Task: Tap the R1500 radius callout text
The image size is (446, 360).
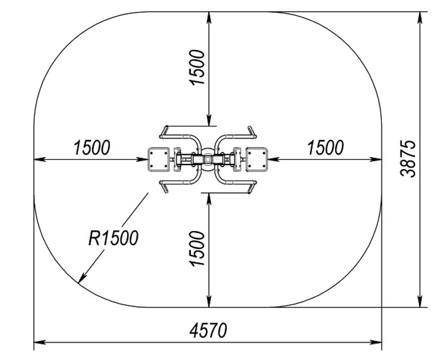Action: (114, 237)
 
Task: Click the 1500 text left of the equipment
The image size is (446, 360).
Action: (92, 147)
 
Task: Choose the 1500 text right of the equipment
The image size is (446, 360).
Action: (326, 147)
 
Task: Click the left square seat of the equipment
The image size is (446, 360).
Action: (158, 159)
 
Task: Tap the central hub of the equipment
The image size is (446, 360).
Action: (207, 159)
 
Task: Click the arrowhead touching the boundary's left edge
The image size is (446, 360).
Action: (40, 159)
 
